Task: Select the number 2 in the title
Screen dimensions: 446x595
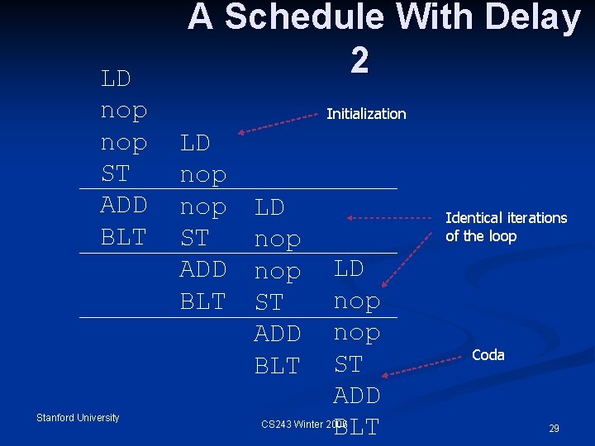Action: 359,59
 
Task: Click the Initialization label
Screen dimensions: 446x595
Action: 366,114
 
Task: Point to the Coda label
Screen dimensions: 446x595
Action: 488,354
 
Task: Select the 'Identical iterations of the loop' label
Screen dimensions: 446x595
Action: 506,227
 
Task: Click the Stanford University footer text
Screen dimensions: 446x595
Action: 78,418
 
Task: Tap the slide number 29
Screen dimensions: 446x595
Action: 554,429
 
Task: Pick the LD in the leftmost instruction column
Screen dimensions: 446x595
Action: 116,79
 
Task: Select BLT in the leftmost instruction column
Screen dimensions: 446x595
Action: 123,237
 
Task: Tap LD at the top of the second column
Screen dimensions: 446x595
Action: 195,143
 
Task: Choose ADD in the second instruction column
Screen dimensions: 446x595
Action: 203,269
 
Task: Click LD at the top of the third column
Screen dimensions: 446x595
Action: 269,206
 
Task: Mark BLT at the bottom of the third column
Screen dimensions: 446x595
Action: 277,365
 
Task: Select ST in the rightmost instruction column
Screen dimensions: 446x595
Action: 348,363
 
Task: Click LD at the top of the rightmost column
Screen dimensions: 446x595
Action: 349,269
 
